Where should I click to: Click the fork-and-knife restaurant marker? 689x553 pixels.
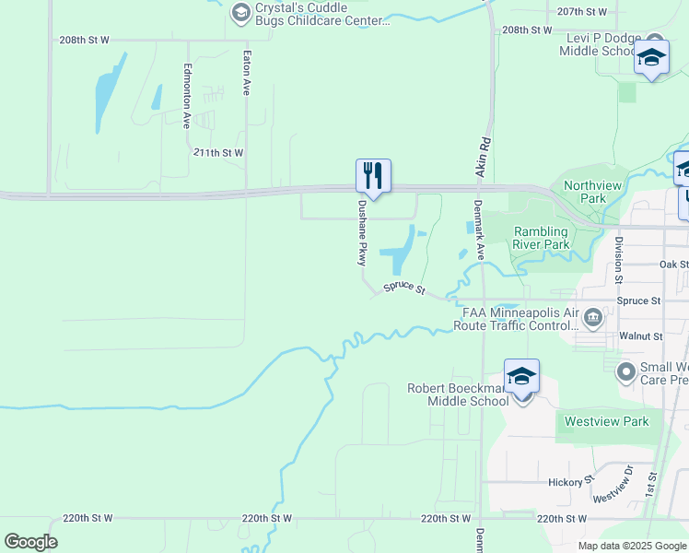(373, 174)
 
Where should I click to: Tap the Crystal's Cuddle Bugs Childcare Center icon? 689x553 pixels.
(241, 13)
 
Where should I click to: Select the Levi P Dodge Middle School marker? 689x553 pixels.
(651, 59)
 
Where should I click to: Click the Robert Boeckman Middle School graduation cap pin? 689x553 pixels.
(521, 377)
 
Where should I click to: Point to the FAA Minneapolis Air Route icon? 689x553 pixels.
(593, 319)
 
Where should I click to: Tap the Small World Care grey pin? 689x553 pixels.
(626, 371)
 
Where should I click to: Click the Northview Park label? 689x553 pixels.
(585, 192)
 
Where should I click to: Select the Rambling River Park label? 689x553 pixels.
(542, 238)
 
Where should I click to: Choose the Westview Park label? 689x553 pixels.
(605, 421)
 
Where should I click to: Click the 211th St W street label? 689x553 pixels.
(219, 152)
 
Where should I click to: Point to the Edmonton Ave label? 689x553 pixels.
(187, 95)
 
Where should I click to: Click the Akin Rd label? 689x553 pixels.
(482, 158)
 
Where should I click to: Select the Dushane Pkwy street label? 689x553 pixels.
(363, 233)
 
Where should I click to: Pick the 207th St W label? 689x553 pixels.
(582, 12)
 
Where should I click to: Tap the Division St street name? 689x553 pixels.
(618, 258)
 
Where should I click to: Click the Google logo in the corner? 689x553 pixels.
(31, 541)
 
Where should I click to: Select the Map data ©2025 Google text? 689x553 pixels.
(631, 546)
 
